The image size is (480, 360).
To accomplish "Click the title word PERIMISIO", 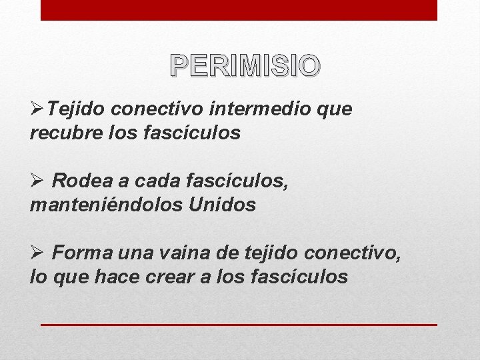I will [x=245, y=65].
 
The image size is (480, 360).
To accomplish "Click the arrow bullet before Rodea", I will [x=37, y=179].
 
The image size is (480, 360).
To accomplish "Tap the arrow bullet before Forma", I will [x=37, y=251].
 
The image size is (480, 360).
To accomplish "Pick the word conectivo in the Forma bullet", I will [x=353, y=251].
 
